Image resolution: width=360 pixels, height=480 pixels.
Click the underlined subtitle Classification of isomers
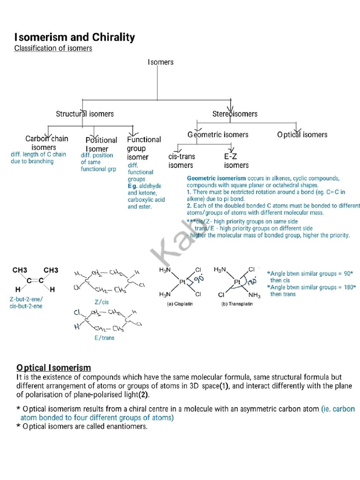pyautogui.click(x=53, y=48)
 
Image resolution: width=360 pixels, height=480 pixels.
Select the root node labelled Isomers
pyautogui.click(x=160, y=62)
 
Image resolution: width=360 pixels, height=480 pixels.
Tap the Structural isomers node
pyautogui.click(x=85, y=113)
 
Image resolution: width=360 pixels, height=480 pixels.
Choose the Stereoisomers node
pyautogui.click(x=235, y=113)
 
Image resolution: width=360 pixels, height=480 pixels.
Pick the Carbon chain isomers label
pyautogui.click(x=46, y=142)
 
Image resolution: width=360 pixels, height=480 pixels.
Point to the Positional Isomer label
pyautogui.click(x=101, y=144)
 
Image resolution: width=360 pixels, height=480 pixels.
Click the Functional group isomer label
pyautogui.click(x=143, y=148)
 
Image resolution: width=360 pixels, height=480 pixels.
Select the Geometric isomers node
pyautogui.click(x=218, y=135)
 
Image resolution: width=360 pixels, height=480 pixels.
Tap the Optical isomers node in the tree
pyautogui.click(x=302, y=135)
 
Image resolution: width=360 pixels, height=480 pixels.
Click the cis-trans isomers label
pyautogui.click(x=181, y=161)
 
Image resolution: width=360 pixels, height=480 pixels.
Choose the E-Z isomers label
pyautogui.click(x=236, y=161)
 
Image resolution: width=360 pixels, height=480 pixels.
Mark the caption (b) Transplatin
pyautogui.click(x=237, y=304)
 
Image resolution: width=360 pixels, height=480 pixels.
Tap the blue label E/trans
pyautogui.click(x=105, y=337)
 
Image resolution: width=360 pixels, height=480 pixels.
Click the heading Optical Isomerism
pyautogui.click(x=54, y=367)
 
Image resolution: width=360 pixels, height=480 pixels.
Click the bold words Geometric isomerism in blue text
pyautogui.click(x=216, y=179)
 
